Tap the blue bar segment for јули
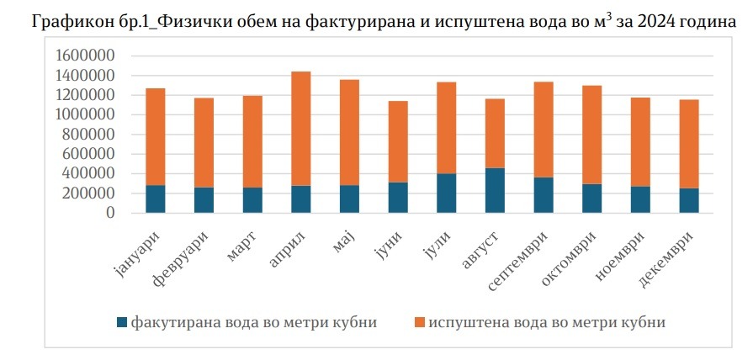446,193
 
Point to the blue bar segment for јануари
155,199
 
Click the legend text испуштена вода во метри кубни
547,322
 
